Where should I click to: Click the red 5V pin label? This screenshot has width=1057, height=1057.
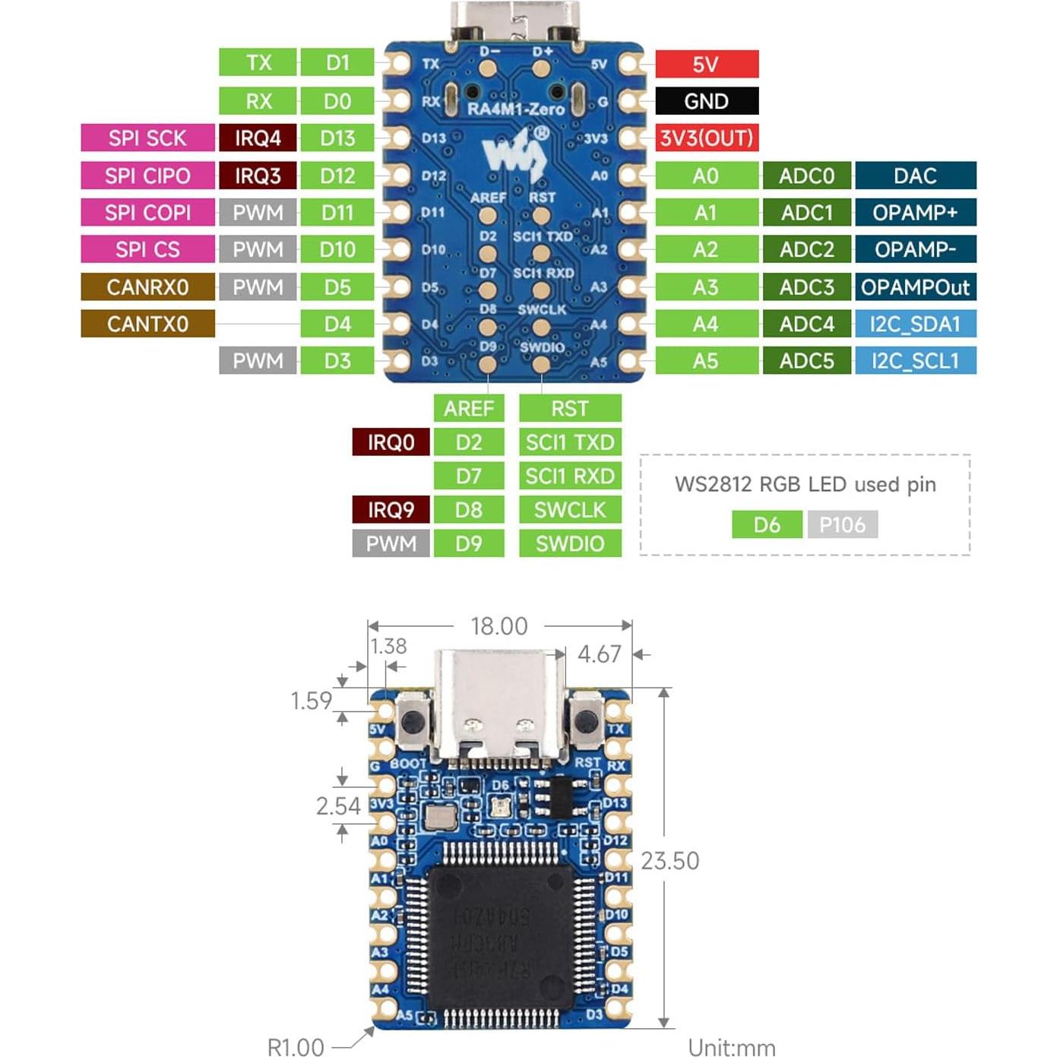click(706, 64)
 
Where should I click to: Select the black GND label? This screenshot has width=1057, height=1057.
click(706, 101)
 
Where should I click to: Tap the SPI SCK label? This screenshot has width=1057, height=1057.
click(147, 138)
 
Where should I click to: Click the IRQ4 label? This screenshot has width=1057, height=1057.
click(258, 138)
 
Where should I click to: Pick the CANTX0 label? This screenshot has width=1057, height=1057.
click(147, 324)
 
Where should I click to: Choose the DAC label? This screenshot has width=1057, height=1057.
click(915, 176)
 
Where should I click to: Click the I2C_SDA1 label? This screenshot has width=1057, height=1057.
click(915, 324)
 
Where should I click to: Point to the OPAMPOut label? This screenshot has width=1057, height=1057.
click(915, 287)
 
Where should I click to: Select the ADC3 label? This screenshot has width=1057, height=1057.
click(806, 287)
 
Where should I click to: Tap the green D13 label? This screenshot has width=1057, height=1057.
click(337, 138)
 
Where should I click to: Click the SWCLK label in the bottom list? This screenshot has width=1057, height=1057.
click(570, 510)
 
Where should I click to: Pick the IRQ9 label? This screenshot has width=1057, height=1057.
click(391, 510)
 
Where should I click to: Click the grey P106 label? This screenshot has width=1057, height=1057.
click(842, 524)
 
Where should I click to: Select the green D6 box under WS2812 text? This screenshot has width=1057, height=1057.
click(767, 524)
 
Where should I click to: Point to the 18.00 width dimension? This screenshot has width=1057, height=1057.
click(498, 626)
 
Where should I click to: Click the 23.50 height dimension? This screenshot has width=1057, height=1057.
click(669, 861)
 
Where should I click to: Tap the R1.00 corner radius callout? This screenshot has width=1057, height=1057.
click(296, 1047)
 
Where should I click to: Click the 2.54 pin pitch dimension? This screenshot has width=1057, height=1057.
click(338, 806)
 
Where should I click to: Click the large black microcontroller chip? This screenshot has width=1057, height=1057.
click(499, 939)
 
